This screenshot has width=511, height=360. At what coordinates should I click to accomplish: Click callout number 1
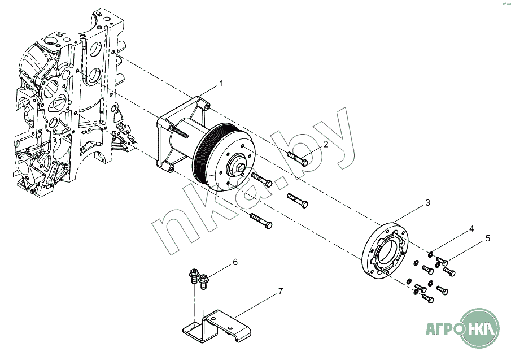pos(221,84)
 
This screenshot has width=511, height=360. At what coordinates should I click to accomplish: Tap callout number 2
pos(326,144)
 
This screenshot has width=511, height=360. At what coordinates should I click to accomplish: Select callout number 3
pos(427,203)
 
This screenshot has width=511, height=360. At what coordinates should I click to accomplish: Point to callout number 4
pos(471,229)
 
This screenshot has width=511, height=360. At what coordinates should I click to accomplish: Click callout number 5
pos(487,238)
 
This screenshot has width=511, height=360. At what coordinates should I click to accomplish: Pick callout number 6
pos(235,262)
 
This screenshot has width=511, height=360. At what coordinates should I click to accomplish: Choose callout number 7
pos(281,291)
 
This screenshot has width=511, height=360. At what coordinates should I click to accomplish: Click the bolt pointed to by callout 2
pos(298,159)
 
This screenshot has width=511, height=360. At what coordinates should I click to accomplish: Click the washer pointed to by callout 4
pos(430,254)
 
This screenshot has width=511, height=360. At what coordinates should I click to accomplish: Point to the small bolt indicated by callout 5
pos(442,261)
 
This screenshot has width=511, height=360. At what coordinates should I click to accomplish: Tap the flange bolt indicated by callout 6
pos(204,281)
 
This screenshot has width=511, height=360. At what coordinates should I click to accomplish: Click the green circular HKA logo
pos(479,328)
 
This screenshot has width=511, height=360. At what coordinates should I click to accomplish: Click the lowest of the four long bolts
pos(261,221)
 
